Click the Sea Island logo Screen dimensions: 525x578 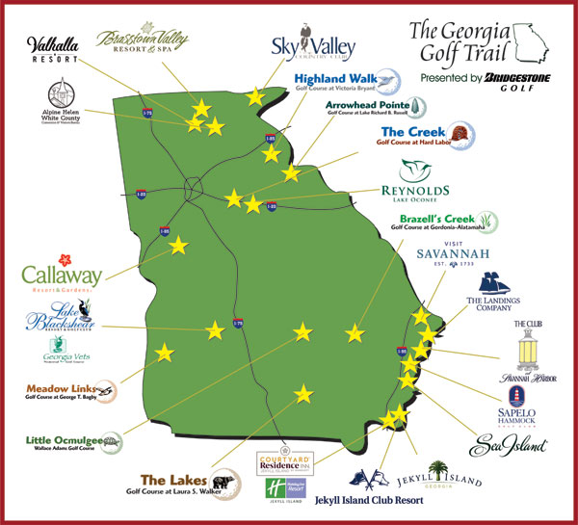(x=508, y=445)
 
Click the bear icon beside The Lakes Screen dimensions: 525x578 (x=224, y=483)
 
